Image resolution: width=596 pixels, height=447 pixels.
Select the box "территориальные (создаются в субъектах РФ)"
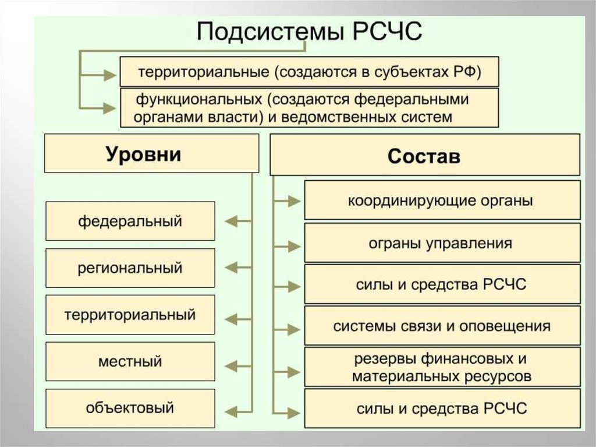point(309,72)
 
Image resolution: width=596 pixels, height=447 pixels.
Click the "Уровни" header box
point(151,154)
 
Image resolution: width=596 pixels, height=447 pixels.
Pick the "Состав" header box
point(424,156)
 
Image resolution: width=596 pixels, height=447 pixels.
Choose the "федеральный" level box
point(130,221)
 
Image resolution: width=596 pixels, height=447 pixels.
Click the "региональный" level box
point(130,268)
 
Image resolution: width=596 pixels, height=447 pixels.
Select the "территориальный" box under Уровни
point(130,315)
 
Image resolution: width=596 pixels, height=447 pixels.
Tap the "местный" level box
point(130,361)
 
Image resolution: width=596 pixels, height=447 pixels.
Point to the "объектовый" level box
point(130,408)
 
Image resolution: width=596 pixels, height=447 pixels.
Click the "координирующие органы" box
point(442,200)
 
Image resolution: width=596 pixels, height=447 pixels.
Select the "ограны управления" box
point(442,243)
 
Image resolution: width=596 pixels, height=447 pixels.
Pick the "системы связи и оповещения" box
point(442,326)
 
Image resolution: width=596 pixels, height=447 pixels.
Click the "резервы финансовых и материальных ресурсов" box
point(442,367)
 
